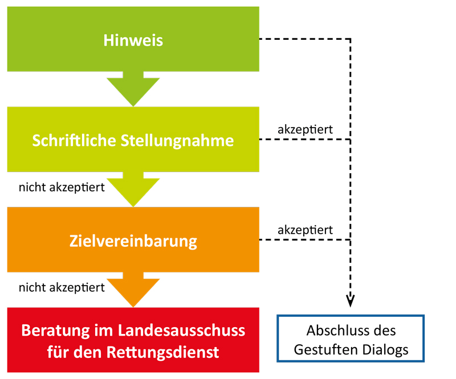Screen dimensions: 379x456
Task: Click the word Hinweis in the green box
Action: coord(133,40)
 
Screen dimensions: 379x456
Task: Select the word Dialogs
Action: coord(385,349)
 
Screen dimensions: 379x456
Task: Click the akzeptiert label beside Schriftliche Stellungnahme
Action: coord(305,130)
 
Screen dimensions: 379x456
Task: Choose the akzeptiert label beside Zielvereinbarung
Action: coord(305,230)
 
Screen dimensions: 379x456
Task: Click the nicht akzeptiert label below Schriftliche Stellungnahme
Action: coord(62,187)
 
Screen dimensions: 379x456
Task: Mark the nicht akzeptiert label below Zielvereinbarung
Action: coord(62,287)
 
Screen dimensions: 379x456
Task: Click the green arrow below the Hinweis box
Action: coord(133,88)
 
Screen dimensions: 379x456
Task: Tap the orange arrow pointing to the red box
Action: coord(133,291)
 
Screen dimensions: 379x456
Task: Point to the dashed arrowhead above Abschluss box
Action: coord(350,300)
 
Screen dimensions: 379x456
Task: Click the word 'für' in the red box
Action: coord(58,352)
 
